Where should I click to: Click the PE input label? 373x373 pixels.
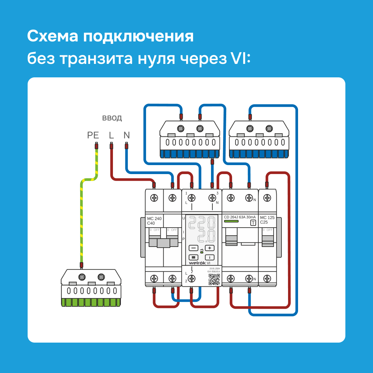(93, 135)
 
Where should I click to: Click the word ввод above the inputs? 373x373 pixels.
(112, 118)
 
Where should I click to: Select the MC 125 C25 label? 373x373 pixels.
(267, 220)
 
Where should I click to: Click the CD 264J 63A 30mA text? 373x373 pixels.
(240, 217)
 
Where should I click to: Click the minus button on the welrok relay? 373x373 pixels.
(193, 248)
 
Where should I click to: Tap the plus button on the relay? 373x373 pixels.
(210, 248)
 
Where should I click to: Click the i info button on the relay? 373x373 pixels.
(210, 257)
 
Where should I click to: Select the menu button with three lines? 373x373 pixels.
(193, 257)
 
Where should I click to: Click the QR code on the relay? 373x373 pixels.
(214, 280)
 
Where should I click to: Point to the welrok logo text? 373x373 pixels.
(198, 263)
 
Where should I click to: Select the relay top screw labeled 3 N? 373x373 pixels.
(212, 198)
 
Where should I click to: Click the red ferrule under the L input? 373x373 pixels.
(111, 146)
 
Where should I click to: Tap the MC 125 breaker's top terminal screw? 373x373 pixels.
(267, 198)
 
